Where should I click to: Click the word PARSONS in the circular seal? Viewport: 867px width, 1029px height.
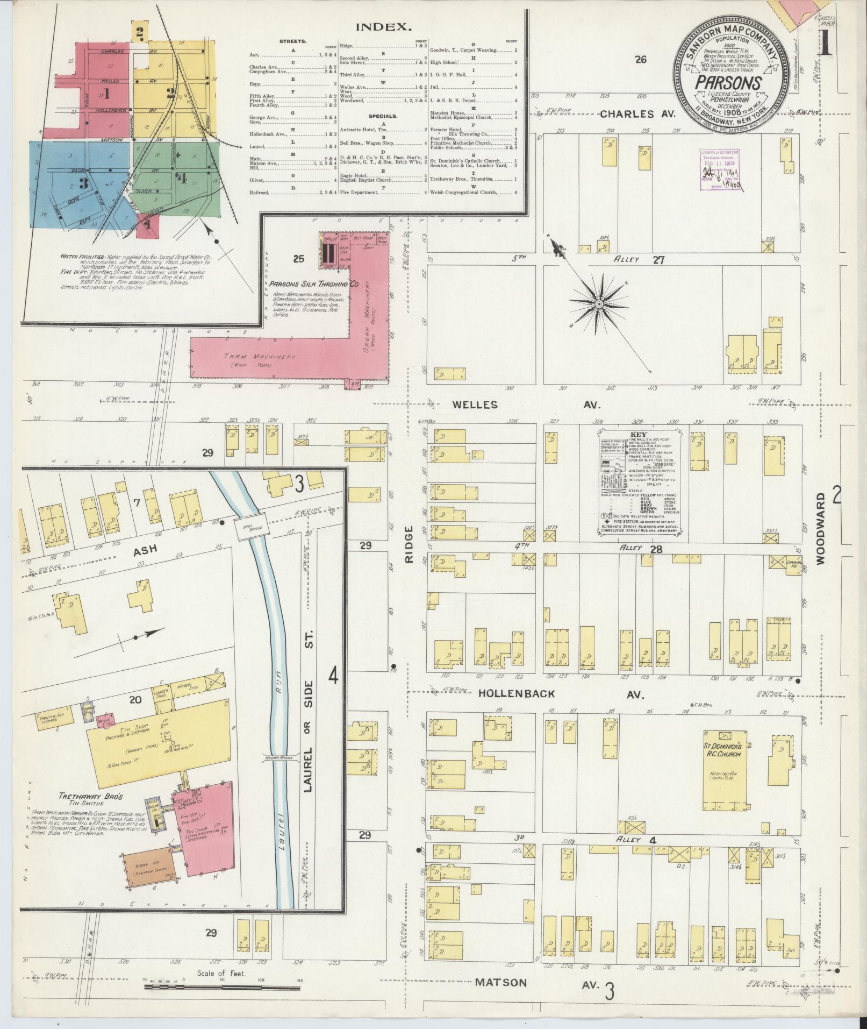(x=729, y=83)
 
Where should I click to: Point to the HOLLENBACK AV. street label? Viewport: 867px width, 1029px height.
(x=559, y=694)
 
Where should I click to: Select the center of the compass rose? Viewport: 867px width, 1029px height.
(x=598, y=304)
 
